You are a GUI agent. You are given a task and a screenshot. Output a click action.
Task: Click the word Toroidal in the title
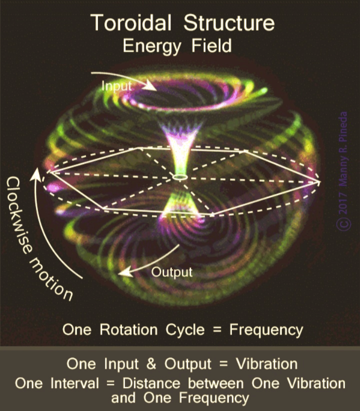[x=131, y=22]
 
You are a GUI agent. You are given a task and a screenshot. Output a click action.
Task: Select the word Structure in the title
[x=229, y=22]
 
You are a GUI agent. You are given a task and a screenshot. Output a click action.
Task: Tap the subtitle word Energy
[x=152, y=46]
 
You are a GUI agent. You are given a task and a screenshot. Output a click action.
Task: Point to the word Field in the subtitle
[x=211, y=45]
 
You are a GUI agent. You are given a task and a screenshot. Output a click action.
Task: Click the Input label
[x=116, y=86]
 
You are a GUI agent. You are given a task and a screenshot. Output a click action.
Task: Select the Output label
[x=171, y=272]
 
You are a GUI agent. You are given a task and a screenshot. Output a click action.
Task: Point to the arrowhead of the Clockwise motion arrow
[x=36, y=174]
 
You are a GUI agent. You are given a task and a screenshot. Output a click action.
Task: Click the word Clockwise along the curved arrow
[x=17, y=215]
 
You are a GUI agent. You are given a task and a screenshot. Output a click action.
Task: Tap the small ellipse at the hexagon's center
[x=180, y=177]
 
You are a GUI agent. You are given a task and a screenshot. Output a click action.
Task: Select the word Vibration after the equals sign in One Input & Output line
[x=266, y=364]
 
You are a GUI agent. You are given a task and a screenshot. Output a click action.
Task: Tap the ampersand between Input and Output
[x=151, y=364]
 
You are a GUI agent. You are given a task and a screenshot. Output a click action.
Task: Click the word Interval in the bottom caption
[x=74, y=383]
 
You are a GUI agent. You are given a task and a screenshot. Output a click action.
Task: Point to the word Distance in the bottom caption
[x=151, y=383]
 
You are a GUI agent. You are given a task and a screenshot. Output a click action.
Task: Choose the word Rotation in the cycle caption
[x=128, y=329]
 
